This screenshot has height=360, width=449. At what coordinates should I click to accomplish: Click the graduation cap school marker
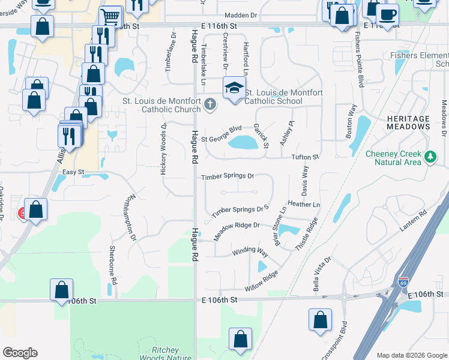click(234, 88)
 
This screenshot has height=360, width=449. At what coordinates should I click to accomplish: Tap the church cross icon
click(209, 105)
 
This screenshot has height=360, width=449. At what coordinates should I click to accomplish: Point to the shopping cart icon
click(110, 16)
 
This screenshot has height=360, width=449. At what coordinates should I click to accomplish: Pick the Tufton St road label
click(304, 157)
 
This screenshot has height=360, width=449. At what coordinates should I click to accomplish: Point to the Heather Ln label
click(304, 205)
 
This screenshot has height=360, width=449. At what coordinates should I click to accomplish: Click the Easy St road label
click(73, 172)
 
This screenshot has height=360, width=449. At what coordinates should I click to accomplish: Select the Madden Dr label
click(240, 16)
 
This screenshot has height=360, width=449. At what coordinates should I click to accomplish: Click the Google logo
click(20, 353)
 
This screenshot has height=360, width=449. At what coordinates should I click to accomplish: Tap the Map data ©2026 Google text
click(411, 355)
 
